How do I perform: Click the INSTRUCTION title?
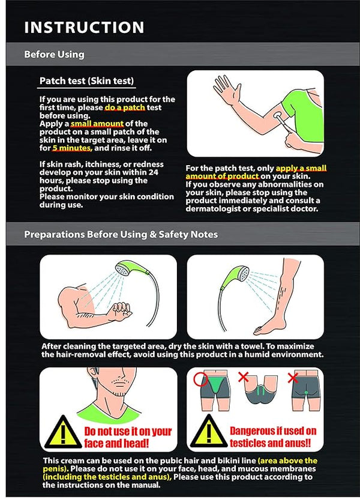(84, 28)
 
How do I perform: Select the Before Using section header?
(55, 54)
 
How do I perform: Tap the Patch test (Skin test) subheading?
(86, 81)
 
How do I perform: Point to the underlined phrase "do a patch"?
(125, 107)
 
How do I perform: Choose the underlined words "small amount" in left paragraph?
(97, 124)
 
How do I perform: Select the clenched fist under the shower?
(121, 310)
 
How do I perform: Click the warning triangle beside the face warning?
(63, 432)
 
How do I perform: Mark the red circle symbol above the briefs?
(200, 380)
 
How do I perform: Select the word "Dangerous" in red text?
(253, 431)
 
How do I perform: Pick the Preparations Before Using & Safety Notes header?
(121, 235)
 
